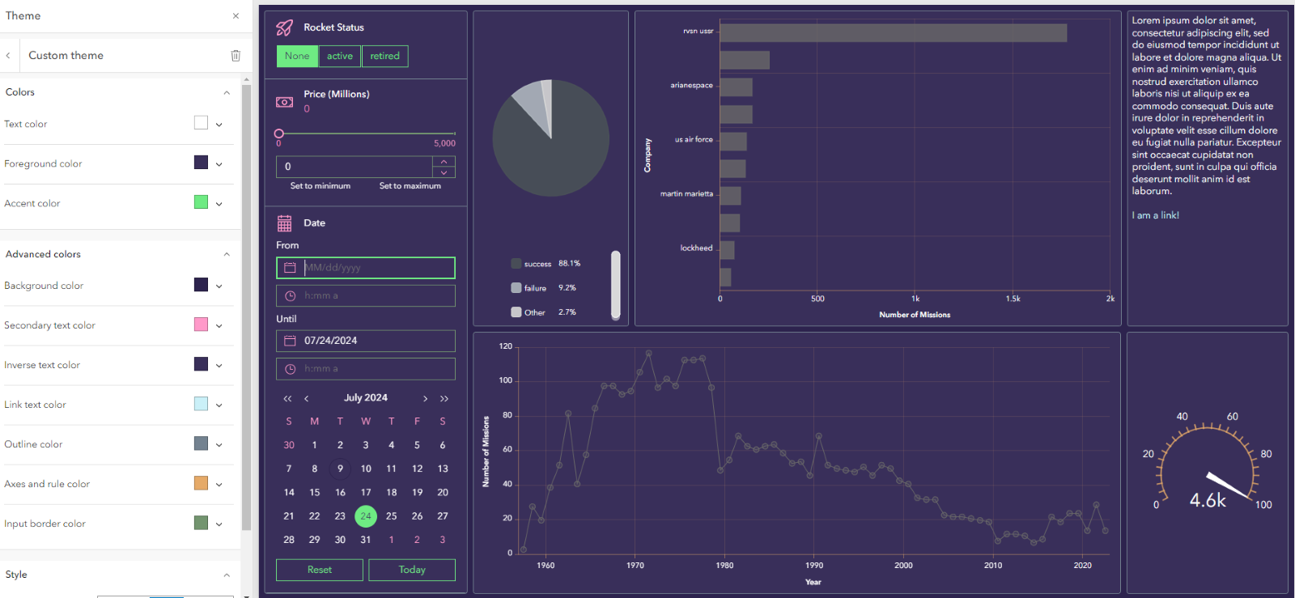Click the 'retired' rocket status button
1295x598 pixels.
384,56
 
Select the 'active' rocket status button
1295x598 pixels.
339,56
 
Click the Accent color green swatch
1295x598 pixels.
201,202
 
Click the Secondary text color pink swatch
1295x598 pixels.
201,324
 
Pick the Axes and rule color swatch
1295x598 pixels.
201,483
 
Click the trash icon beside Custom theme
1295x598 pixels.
236,56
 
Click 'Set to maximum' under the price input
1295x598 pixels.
410,186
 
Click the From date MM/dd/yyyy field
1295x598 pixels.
376,268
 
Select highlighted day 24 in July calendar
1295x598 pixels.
366,515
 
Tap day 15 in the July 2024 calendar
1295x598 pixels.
314,492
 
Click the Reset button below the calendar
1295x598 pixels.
319,570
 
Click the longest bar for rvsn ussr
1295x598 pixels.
893,32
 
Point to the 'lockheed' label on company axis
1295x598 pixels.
696,248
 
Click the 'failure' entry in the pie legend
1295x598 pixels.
534,288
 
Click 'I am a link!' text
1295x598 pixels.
1155,215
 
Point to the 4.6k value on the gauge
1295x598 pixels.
1207,501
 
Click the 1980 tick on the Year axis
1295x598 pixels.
724,566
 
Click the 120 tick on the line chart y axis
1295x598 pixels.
506,346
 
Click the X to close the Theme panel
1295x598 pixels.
236,16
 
